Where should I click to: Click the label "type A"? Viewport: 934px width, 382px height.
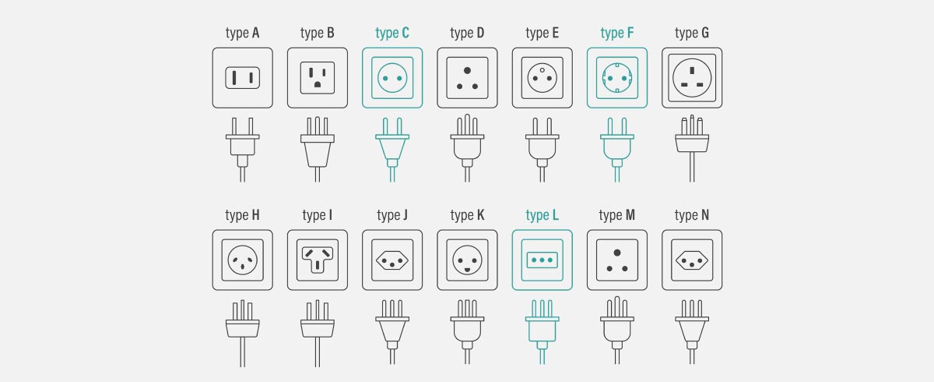point(242,33)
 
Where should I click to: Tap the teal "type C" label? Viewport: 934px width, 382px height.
point(392,33)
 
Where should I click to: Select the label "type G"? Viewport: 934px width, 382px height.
point(692,33)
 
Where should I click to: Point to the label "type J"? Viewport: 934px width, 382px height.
point(392,215)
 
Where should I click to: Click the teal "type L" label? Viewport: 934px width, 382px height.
point(542,215)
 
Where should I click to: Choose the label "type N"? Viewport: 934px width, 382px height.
point(692,215)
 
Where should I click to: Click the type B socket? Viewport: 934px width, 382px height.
point(318,78)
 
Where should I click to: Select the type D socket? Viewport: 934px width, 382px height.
point(467,78)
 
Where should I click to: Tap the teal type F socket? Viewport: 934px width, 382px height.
point(617,78)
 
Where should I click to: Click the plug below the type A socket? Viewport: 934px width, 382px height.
point(242,148)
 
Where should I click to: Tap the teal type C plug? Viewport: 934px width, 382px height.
point(392,148)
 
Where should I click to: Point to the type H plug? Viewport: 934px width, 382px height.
point(242,327)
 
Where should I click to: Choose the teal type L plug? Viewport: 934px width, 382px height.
point(542,327)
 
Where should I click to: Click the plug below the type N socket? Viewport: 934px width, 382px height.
point(692,327)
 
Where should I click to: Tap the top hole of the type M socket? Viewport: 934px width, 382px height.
point(617,252)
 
